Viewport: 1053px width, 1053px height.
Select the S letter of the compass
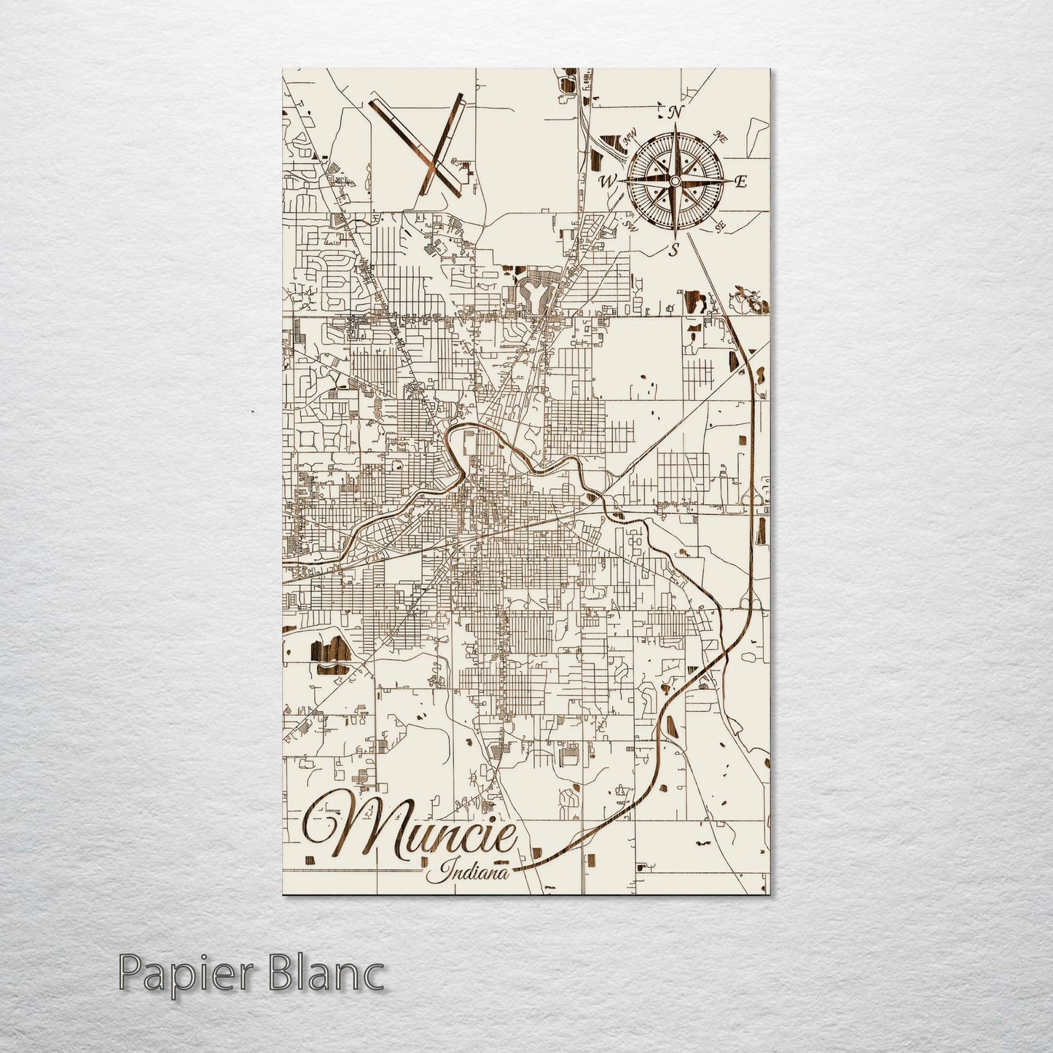(675, 250)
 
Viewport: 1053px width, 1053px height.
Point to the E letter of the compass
(740, 182)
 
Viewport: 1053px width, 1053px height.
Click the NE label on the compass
(721, 136)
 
